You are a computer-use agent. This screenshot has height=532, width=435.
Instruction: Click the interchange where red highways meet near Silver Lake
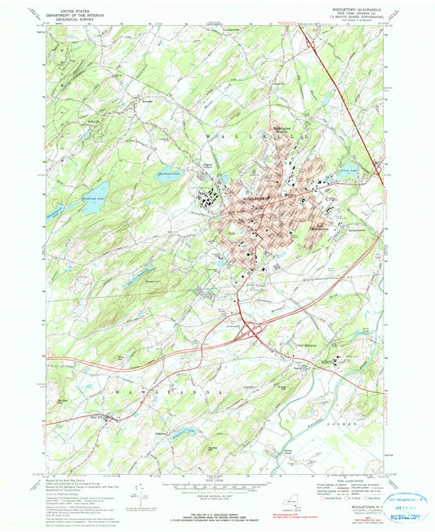pyautogui.click(x=377, y=171)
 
